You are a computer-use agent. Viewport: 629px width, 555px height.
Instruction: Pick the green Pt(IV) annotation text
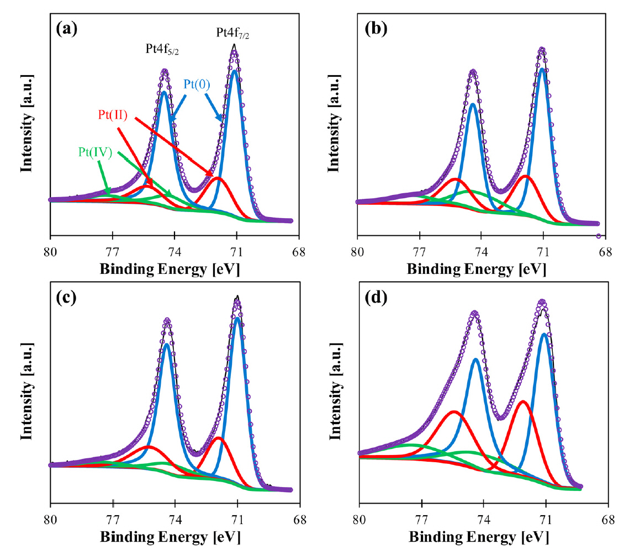point(96,152)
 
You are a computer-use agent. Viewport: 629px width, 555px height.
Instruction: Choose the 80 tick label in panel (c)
point(50,521)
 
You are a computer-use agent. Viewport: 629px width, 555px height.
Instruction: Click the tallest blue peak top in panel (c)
point(237,318)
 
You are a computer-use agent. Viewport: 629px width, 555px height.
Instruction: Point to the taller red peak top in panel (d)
point(522,401)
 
